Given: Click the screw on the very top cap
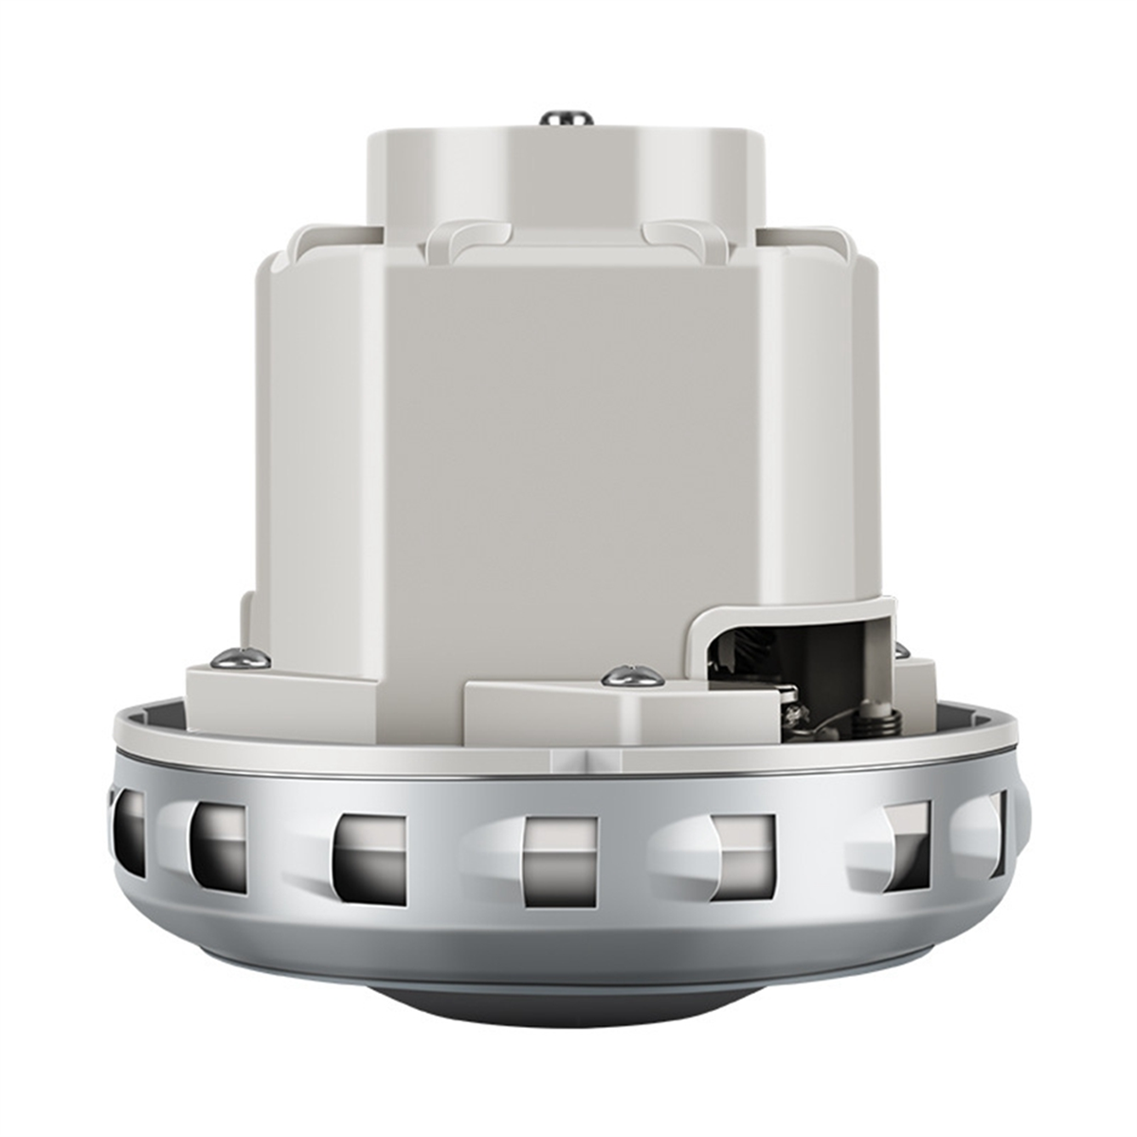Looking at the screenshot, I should click(567, 118).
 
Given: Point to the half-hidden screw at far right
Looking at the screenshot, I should click(901, 651).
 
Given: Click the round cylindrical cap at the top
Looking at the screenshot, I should click(566, 180).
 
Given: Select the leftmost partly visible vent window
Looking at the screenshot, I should click(129, 830).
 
